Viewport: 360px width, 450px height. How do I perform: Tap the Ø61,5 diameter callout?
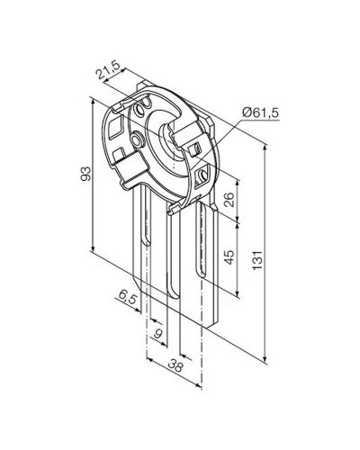(x=260, y=113)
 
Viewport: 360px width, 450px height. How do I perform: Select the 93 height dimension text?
(x=85, y=174)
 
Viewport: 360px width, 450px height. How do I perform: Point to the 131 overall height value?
(x=257, y=259)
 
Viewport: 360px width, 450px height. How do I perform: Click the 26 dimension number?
(x=229, y=200)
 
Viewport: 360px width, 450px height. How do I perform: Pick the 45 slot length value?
(x=229, y=256)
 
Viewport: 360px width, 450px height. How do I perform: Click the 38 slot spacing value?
(x=175, y=366)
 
